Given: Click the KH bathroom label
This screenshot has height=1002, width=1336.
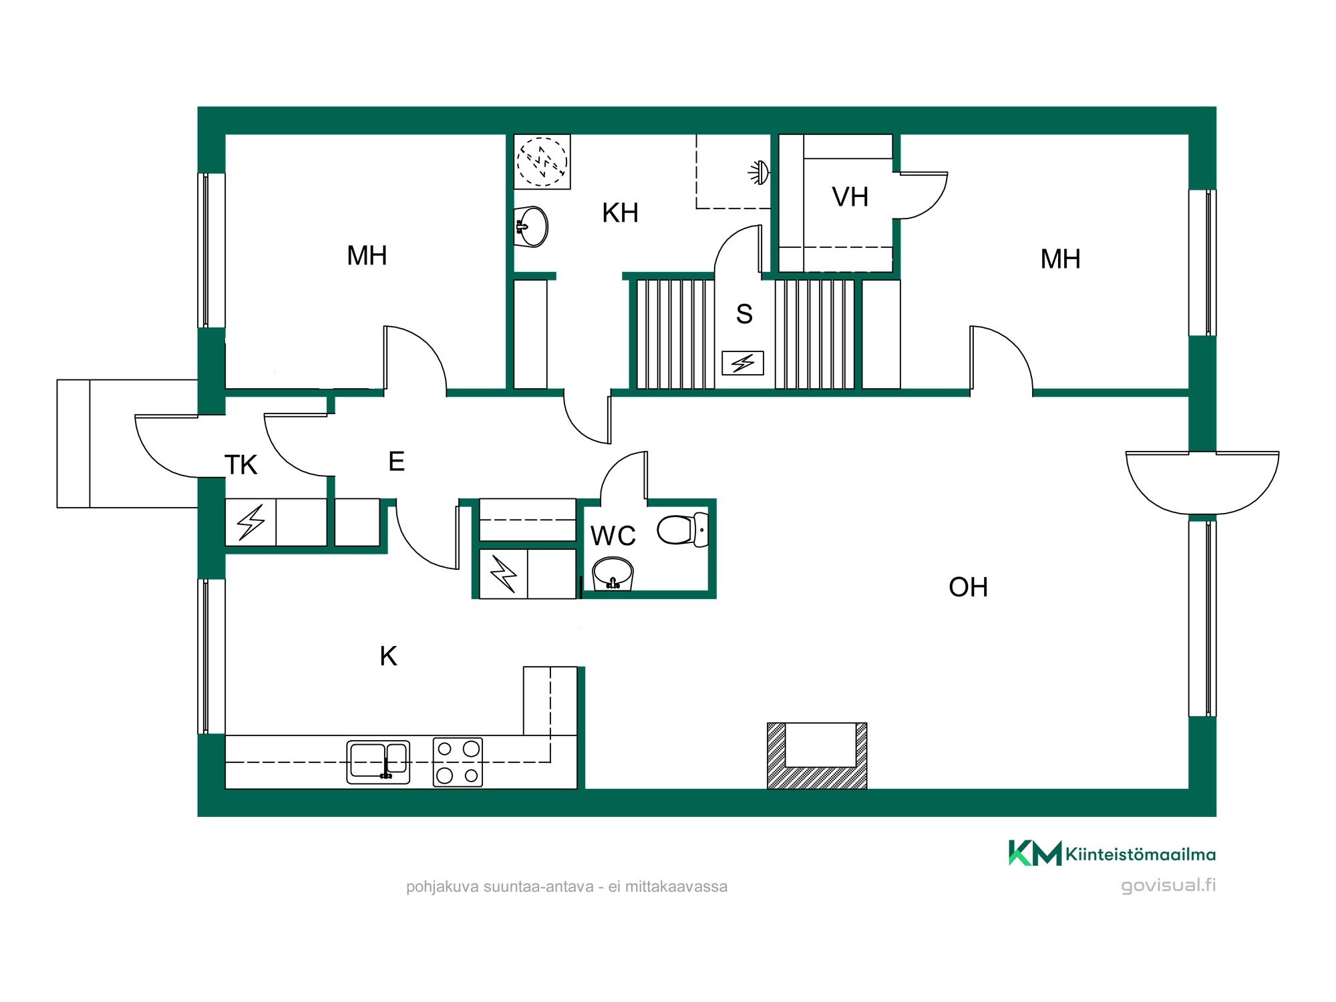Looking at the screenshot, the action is click(620, 213).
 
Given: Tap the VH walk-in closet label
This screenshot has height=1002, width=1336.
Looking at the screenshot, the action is click(850, 197).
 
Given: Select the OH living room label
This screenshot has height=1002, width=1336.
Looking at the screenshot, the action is click(968, 587).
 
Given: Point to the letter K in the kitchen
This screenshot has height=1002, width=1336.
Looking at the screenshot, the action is click(388, 657).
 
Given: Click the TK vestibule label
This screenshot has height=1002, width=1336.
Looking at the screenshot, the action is click(240, 465).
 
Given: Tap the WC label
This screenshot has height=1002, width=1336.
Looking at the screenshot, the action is click(613, 536).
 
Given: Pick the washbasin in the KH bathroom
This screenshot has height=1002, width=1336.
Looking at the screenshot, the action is click(531, 226).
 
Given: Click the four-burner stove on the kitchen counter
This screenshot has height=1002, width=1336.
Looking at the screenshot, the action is click(458, 762).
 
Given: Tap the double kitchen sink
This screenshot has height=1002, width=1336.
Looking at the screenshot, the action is click(378, 762).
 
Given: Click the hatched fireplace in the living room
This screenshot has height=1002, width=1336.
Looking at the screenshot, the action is click(817, 756).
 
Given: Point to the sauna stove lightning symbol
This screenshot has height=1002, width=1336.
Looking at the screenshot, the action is click(743, 363).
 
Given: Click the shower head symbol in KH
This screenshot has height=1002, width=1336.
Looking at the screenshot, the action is click(759, 172).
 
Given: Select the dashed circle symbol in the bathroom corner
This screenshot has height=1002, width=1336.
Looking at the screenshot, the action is click(542, 162).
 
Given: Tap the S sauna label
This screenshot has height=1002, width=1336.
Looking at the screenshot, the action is click(744, 314).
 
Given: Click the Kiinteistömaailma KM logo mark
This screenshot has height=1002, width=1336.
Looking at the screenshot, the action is click(1035, 853).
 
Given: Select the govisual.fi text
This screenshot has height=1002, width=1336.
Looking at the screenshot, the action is click(1168, 886).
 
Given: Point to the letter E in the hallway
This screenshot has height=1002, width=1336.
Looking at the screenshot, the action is click(396, 462).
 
